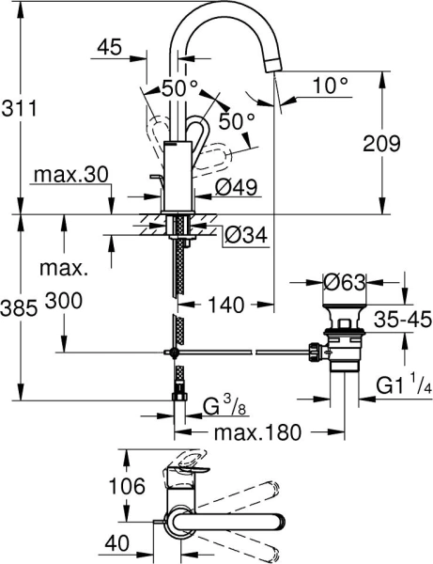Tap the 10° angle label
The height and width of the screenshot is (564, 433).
(x=329, y=85)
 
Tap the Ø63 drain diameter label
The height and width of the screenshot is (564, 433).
(x=344, y=281)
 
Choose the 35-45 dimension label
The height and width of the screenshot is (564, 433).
(x=401, y=320)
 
